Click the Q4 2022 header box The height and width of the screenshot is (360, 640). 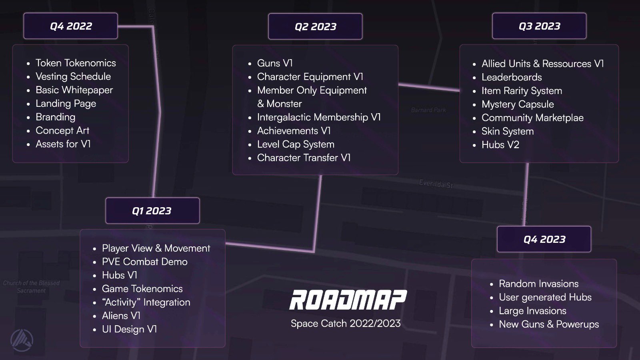71,26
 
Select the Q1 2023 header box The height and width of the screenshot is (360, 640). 152,211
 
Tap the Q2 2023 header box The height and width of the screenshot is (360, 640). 315,26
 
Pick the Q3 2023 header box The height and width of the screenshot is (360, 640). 539,26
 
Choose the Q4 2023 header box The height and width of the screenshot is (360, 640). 544,239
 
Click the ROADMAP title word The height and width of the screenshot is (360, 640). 348,300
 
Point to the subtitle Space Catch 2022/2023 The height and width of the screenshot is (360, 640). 346,323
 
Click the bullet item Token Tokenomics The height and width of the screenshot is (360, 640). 76,63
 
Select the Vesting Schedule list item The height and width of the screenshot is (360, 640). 73,76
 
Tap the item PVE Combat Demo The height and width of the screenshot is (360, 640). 144,262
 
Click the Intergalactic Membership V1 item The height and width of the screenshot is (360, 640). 319,117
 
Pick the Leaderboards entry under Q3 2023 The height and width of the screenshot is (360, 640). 512,77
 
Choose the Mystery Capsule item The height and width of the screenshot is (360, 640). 518,104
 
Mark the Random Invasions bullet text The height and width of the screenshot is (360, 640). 538,284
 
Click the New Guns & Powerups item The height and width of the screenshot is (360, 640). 549,324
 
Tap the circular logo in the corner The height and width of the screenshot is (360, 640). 22,340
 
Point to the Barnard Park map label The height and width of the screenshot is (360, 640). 428,110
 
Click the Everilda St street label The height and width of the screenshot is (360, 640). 436,184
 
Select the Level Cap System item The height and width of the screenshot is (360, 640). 296,144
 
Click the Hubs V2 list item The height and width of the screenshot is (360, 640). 500,145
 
